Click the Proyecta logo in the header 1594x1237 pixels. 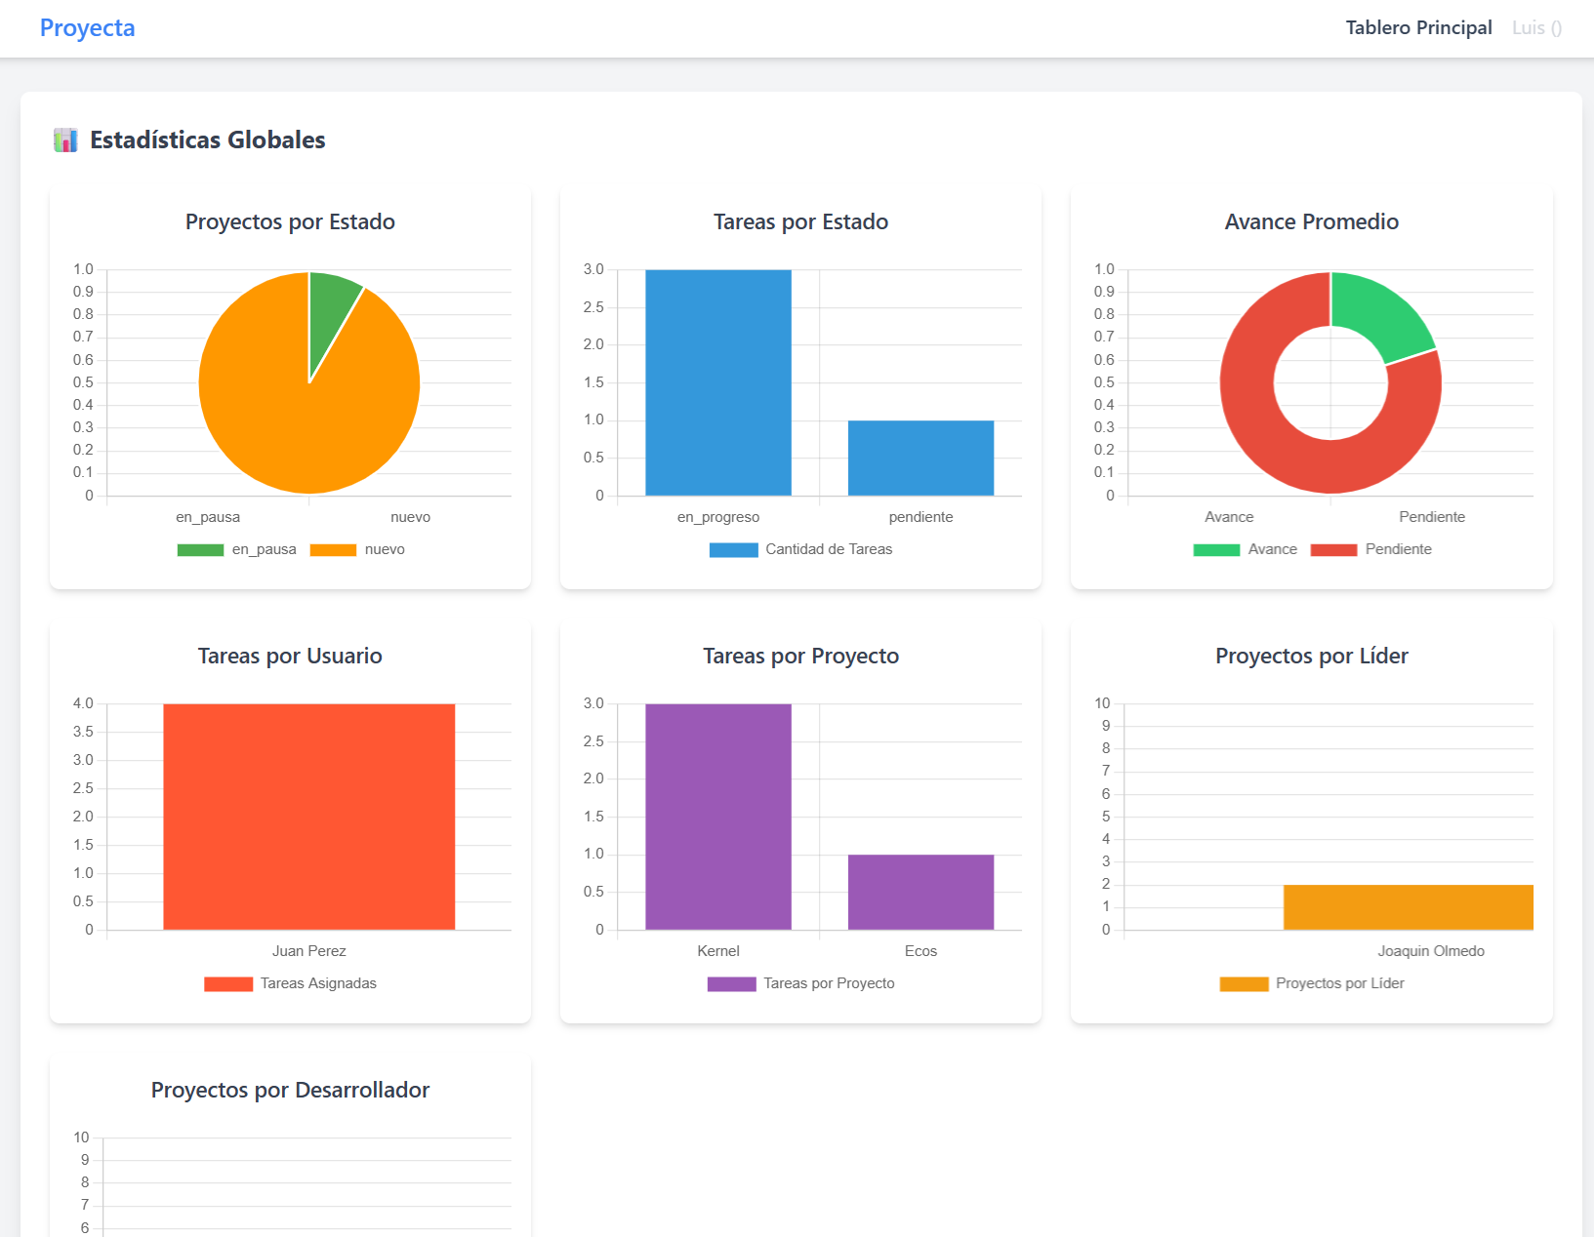pos(87,28)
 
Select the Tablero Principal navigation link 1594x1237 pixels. pos(1418,28)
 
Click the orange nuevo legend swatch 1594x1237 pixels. pos(333,550)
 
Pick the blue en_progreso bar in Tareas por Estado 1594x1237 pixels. pos(717,382)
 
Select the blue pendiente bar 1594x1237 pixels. pos(920,458)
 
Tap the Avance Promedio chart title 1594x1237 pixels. pos(1311,222)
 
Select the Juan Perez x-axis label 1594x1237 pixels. pos(308,951)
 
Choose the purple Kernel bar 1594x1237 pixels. pos(717,817)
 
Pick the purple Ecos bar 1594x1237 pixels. pos(920,892)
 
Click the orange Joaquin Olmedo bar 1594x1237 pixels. pos(1408,907)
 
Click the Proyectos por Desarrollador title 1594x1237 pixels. pos(290,1091)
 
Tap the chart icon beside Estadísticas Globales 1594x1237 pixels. pos(65,140)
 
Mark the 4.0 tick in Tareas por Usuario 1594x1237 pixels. pos(83,703)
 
